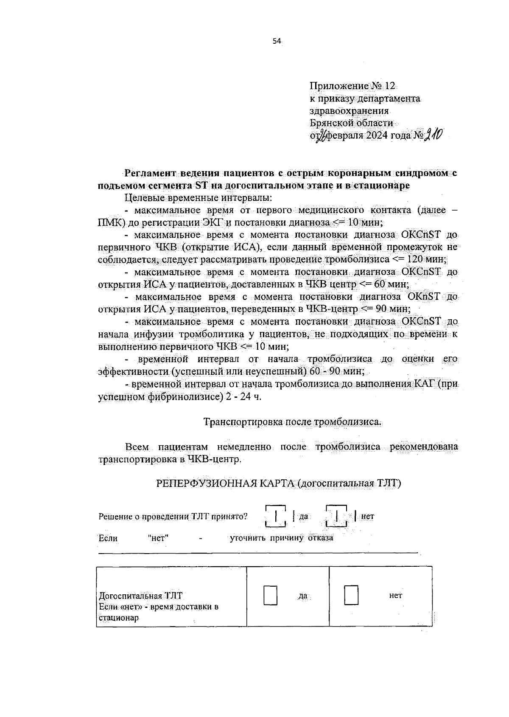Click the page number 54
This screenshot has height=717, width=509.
pyautogui.click(x=277, y=41)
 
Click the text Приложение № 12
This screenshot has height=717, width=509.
pyautogui.click(x=352, y=86)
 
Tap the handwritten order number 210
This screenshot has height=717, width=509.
pyautogui.click(x=433, y=135)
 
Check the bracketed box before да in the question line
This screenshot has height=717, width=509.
pyautogui.click(x=276, y=516)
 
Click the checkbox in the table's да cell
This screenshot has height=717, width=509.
pyautogui.click(x=271, y=595)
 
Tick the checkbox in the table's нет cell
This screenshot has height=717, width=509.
pyautogui.click(x=351, y=595)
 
